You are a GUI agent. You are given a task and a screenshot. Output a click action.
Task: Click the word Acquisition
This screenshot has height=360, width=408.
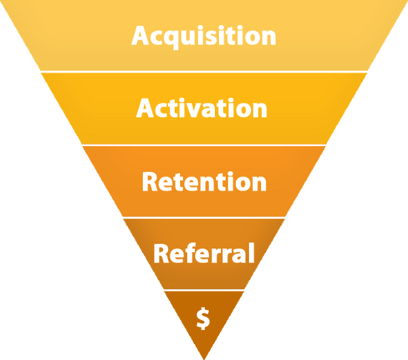point(204,35)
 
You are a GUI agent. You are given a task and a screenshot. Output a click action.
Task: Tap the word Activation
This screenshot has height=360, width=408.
point(202,109)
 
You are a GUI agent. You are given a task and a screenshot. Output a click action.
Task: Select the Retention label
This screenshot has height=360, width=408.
point(204,182)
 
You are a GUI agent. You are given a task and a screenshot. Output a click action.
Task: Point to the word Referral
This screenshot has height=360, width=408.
point(204,253)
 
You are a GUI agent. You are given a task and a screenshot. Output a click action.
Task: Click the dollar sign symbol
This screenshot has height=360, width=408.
point(203,318)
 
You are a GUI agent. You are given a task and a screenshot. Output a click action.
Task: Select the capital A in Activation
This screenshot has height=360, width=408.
point(146,109)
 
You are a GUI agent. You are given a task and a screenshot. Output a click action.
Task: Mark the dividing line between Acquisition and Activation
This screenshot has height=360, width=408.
point(204,71)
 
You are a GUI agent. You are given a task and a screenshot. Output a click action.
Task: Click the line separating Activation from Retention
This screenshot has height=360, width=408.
point(204,145)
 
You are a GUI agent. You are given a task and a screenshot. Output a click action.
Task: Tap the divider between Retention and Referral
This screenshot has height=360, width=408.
point(204,218)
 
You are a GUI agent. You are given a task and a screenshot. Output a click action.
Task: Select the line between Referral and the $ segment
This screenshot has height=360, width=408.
point(204,290)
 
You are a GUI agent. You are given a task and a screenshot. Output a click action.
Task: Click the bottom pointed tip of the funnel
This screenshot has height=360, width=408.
point(204,357)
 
